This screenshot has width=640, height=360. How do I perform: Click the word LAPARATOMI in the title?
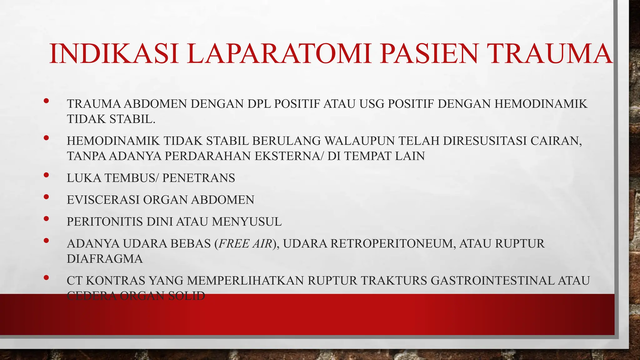point(280,54)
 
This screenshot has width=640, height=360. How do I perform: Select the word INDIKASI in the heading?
point(114,54)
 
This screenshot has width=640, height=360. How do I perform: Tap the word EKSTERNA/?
point(289,156)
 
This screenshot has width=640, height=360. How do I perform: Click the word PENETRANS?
point(199,178)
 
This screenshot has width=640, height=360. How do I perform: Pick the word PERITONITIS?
point(105,222)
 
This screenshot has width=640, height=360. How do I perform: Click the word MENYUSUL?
point(247,222)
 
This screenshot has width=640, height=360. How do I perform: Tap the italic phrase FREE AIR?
point(246,243)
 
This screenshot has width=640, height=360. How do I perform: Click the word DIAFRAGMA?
point(105,259)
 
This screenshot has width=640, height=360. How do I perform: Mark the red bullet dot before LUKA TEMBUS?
point(46,175)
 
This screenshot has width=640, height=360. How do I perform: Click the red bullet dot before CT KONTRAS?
point(46,277)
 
